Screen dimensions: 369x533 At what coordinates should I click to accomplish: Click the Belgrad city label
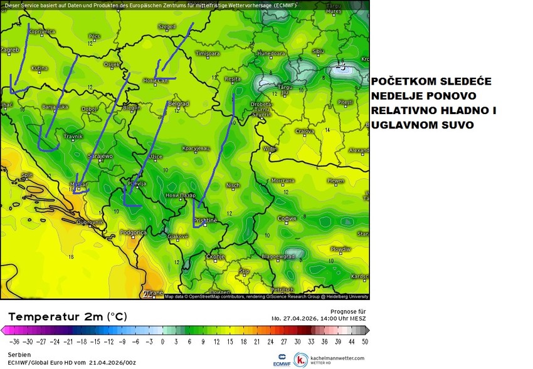(x=179, y=104)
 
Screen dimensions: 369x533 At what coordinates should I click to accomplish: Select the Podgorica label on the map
(x=132, y=232)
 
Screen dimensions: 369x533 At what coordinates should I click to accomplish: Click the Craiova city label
(x=305, y=131)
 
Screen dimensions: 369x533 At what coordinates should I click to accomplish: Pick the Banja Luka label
(x=55, y=107)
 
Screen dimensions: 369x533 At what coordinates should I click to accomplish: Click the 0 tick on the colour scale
(x=162, y=342)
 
